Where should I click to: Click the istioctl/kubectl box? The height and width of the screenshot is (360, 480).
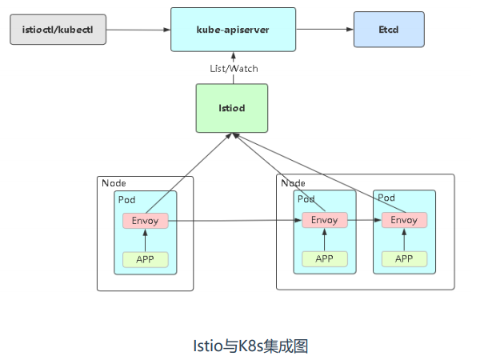pyautogui.click(x=58, y=30)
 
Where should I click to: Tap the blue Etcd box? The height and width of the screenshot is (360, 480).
pyautogui.click(x=389, y=30)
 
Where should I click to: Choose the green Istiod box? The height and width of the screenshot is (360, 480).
pyautogui.click(x=231, y=107)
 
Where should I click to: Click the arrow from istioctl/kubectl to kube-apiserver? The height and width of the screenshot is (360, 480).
pyautogui.click(x=138, y=30)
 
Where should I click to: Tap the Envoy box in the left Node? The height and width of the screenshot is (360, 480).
pyautogui.click(x=145, y=220)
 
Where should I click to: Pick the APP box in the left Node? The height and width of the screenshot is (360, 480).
pyautogui.click(x=145, y=258)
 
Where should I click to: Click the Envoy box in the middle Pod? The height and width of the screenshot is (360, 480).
pyautogui.click(x=324, y=220)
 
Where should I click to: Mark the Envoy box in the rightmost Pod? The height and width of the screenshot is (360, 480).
pyautogui.click(x=404, y=220)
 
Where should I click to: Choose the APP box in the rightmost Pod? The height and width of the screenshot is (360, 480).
pyautogui.click(x=404, y=258)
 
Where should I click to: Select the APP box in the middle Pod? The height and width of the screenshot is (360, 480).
pyautogui.click(x=324, y=258)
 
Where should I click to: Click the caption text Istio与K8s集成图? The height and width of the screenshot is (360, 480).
pyautogui.click(x=239, y=346)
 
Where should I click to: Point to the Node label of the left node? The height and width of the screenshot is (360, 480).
pyautogui.click(x=114, y=183)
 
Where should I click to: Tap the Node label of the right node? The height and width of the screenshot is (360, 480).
pyautogui.click(x=294, y=183)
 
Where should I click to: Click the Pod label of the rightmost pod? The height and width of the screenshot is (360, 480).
pyautogui.click(x=386, y=198)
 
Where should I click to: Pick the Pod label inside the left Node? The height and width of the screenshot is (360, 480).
pyautogui.click(x=127, y=199)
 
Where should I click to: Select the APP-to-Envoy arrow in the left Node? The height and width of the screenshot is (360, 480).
pyautogui.click(x=145, y=239)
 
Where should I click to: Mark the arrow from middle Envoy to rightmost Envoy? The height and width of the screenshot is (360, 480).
pyautogui.click(x=364, y=220)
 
